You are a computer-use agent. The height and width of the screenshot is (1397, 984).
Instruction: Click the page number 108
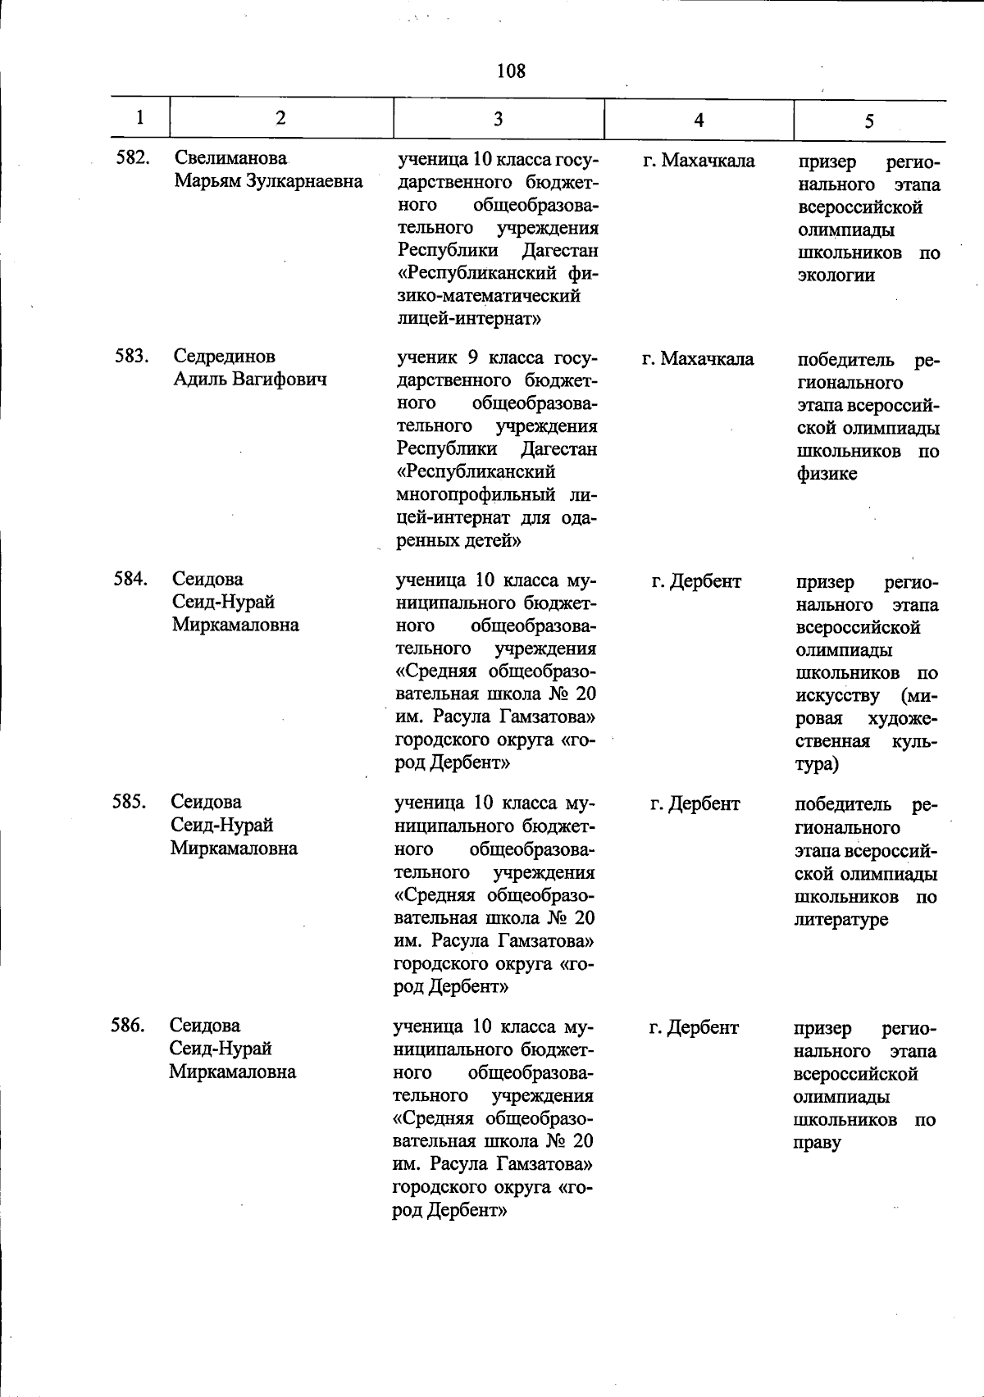[510, 71]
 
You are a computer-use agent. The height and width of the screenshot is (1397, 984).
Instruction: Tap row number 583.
[130, 357]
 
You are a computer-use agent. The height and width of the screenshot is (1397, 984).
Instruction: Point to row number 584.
[130, 580]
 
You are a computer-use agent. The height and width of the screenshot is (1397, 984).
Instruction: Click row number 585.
[129, 802]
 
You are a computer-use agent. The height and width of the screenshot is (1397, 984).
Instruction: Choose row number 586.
[128, 1026]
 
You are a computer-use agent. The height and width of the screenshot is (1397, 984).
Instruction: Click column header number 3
[498, 119]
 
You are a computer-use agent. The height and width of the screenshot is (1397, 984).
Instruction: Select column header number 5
[868, 121]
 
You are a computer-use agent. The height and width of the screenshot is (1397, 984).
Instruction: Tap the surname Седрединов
[224, 357]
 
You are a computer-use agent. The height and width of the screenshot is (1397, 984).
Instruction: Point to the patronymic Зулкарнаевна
[303, 181]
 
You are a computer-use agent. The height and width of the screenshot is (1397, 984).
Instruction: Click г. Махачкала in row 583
[698, 359]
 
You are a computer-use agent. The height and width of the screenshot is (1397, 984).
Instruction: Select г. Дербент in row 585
[695, 804]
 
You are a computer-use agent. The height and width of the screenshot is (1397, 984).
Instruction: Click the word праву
[817, 1143]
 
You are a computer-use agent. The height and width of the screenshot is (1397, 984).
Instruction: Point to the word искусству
[837, 696]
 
